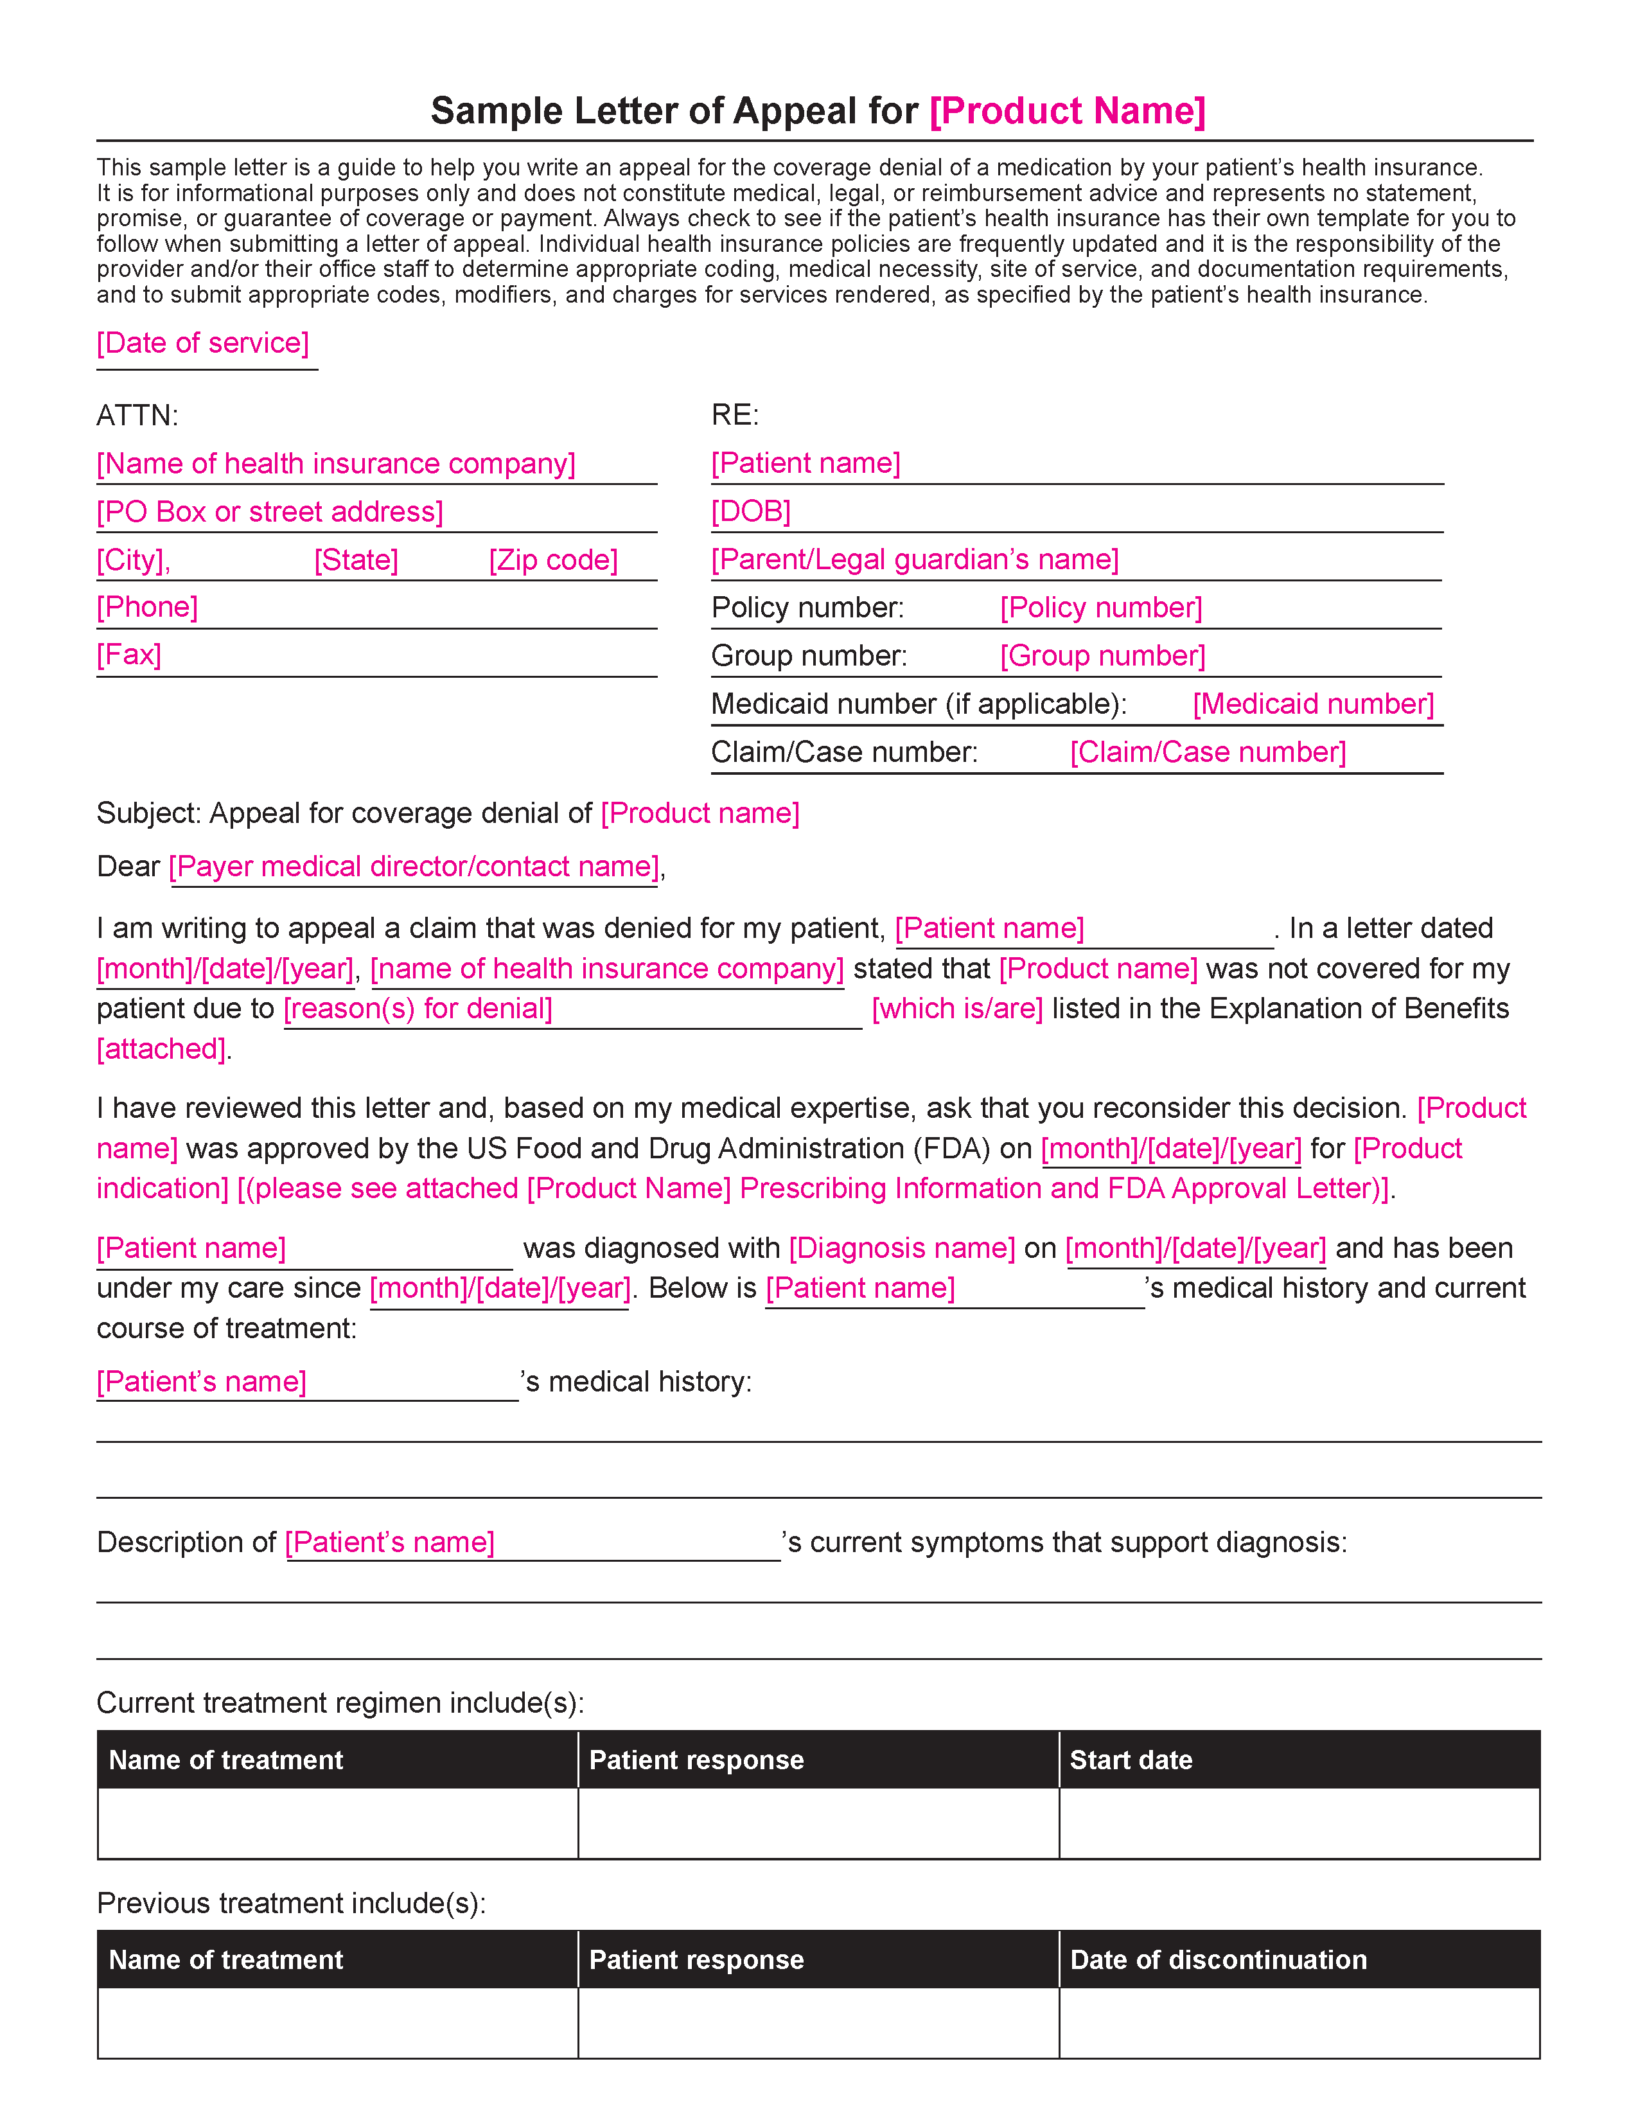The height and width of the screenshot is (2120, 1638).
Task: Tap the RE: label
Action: [x=735, y=416]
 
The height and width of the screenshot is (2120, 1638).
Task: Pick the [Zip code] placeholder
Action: [x=553, y=560]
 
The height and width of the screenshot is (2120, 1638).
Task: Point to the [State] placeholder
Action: [x=356, y=560]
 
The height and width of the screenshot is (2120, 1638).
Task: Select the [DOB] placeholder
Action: [x=751, y=511]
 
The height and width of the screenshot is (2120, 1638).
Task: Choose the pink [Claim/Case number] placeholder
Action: [x=1208, y=752]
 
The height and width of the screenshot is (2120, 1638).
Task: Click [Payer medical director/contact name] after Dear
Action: [x=414, y=866]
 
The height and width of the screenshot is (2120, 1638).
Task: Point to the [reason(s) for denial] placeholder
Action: [x=418, y=1009]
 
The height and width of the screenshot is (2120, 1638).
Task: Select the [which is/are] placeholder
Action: [x=957, y=1009]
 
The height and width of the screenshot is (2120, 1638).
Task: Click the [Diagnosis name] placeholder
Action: [x=901, y=1248]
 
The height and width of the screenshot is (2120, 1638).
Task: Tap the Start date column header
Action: [x=1131, y=1760]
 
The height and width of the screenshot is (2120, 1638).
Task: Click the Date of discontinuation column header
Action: [x=1218, y=1960]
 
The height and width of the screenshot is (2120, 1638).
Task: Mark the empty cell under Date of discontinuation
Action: [x=1299, y=2023]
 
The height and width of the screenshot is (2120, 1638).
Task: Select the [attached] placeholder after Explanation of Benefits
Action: [x=161, y=1048]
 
